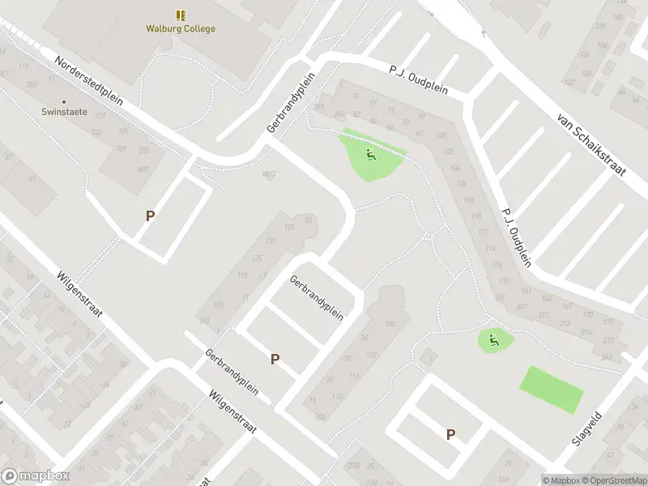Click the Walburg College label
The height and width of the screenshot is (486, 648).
pyautogui.click(x=181, y=29)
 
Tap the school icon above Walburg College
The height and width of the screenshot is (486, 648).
pyautogui.click(x=181, y=15)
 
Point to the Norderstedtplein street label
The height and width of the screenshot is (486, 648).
pyautogui.click(x=88, y=82)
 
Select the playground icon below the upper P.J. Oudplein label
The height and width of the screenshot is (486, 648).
pyautogui.click(x=370, y=155)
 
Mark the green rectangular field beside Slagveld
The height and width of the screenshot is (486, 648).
pyautogui.click(x=551, y=390)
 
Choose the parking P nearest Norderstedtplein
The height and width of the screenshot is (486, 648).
pyautogui.click(x=150, y=215)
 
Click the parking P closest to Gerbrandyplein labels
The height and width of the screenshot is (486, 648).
pyautogui.click(x=275, y=359)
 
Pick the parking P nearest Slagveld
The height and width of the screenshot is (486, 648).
pyautogui.click(x=450, y=434)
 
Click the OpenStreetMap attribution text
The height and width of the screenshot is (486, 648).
pyautogui.click(x=612, y=480)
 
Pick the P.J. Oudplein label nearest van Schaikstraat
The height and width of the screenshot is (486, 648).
pyautogui.click(x=517, y=237)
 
